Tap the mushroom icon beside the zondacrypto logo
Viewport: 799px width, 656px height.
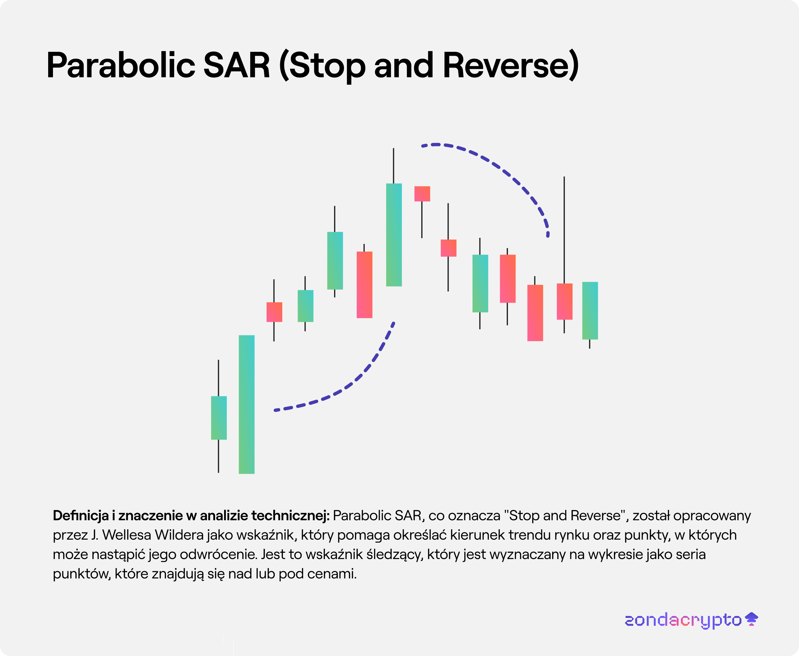751,619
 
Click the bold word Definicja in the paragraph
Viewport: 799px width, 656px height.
81,515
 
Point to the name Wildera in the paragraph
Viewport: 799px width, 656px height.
179,535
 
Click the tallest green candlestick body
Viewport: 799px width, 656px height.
246,404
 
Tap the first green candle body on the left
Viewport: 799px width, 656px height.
219,418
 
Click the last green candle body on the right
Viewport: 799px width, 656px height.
590,311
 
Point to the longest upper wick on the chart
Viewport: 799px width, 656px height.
564,230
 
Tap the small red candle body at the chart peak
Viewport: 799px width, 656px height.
422,194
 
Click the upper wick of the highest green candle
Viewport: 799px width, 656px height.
393,165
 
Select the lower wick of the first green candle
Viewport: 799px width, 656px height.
218,456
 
